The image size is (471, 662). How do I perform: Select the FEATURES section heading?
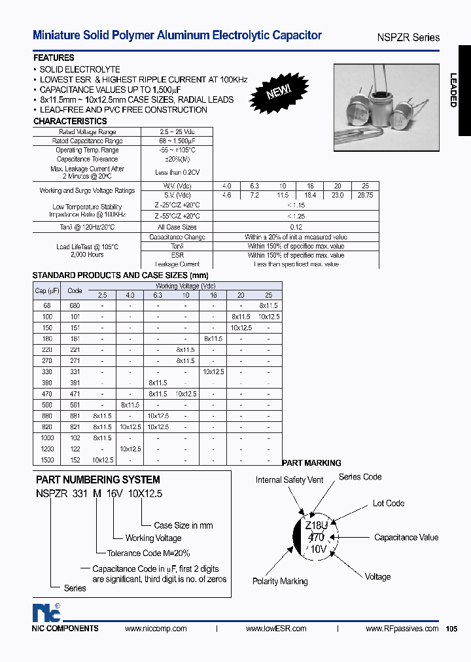(54, 58)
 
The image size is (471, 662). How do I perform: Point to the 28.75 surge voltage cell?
(365, 195)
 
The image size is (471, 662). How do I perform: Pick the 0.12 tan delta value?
(296, 227)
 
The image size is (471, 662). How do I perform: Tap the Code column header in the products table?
(75, 291)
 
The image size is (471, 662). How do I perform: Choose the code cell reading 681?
(75, 415)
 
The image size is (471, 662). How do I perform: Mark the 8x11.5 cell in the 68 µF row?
(268, 305)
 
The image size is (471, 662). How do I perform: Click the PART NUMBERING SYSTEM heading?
(98, 479)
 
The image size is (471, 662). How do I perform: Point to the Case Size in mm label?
(183, 525)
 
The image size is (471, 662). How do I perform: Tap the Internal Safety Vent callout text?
(289, 480)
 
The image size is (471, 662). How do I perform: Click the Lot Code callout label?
(389, 503)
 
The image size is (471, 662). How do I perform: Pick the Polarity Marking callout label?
(280, 582)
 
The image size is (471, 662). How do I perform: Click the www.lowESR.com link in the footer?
(276, 629)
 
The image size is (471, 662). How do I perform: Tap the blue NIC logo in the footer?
(46, 613)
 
